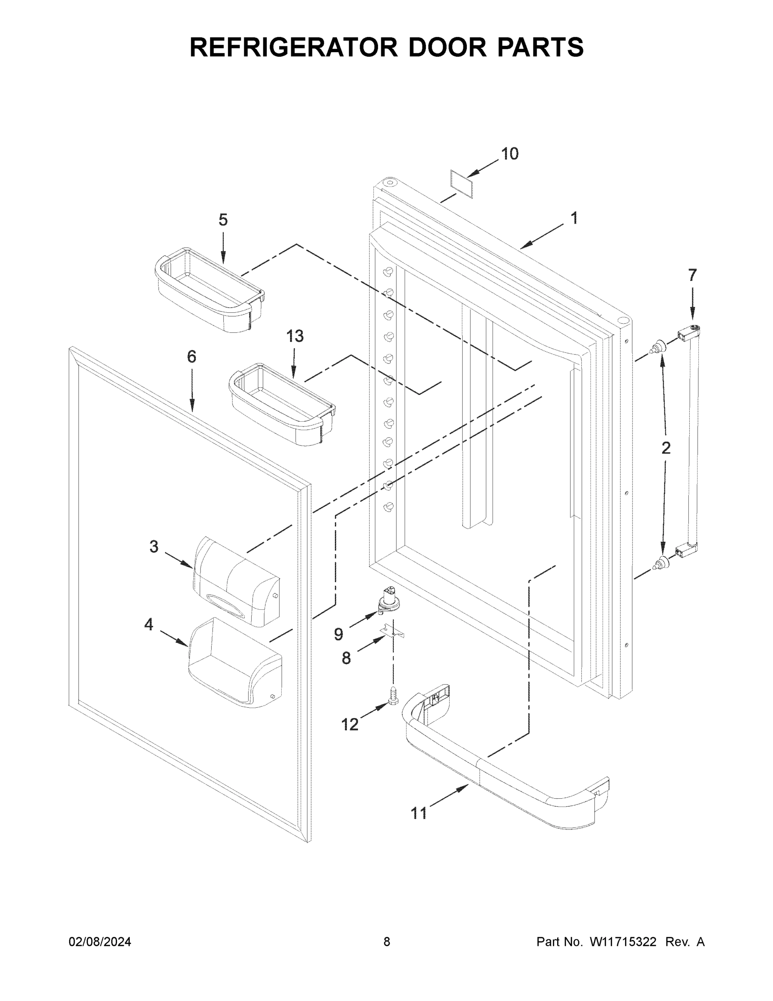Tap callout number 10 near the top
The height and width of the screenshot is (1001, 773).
509,154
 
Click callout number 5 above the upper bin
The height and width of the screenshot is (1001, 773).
223,220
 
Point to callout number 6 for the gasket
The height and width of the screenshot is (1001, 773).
191,357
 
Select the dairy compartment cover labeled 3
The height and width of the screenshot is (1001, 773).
236,582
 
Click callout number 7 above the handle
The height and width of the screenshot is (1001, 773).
692,275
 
